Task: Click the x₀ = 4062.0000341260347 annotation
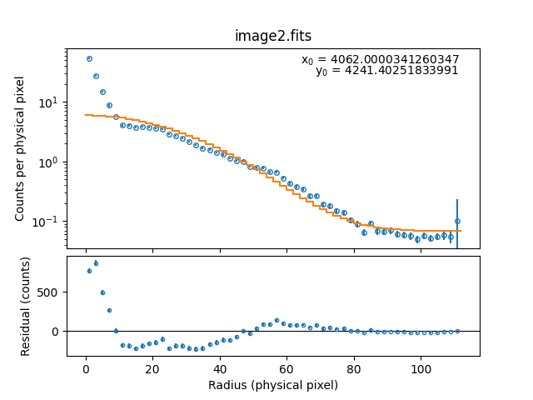(380, 59)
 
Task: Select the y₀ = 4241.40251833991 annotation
(386, 71)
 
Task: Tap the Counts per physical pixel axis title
(20, 148)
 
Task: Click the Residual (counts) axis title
(26, 306)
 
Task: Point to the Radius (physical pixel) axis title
(273, 385)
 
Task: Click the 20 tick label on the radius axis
(152, 369)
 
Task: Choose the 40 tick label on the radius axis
(220, 369)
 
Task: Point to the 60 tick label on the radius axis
(286, 369)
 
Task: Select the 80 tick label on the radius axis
(354, 369)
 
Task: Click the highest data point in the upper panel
(89, 58)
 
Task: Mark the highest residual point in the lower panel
(96, 263)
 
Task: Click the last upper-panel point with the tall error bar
(457, 222)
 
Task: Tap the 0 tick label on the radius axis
(86, 369)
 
